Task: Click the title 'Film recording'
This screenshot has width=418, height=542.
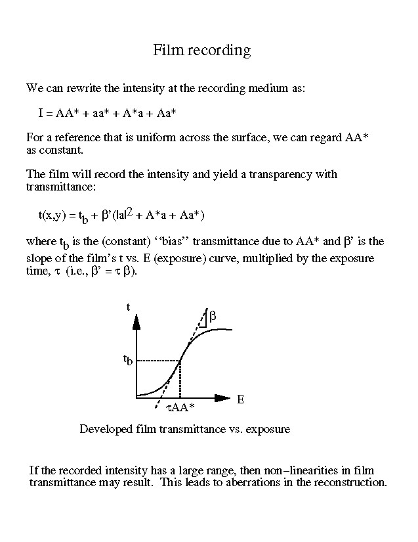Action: (x=202, y=50)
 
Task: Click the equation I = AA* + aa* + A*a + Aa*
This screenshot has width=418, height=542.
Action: (x=107, y=113)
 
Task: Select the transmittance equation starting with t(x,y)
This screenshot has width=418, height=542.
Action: (x=122, y=215)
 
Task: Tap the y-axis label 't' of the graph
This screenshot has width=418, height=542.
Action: (x=127, y=307)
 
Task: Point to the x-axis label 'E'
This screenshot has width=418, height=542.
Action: (x=240, y=399)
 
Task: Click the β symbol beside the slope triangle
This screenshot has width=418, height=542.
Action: (x=213, y=317)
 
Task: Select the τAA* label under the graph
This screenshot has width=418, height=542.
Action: (x=179, y=408)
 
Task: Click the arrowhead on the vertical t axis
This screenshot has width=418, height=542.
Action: (x=136, y=321)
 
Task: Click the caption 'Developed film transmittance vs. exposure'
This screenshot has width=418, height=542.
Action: (x=184, y=429)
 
